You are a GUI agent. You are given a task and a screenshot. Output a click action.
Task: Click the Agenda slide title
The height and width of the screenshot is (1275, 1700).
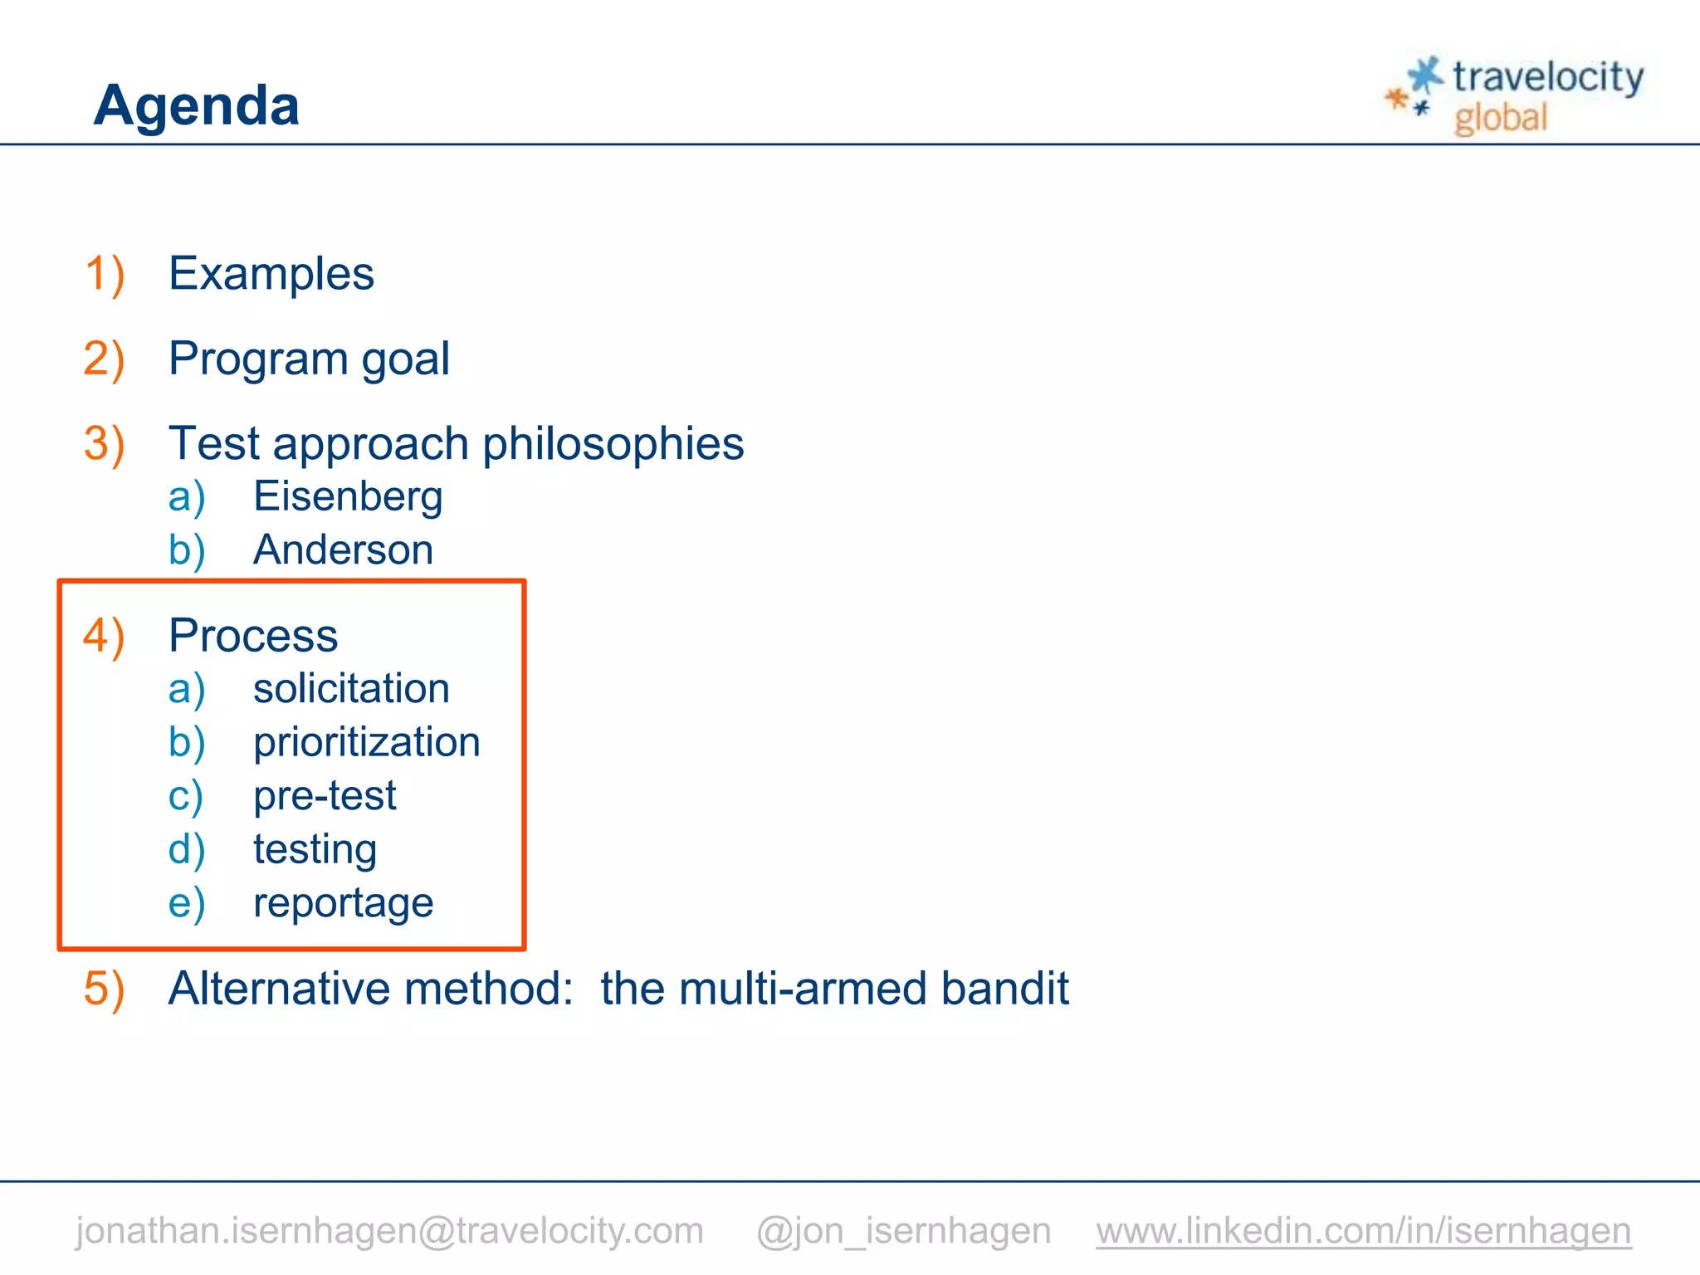coord(196,105)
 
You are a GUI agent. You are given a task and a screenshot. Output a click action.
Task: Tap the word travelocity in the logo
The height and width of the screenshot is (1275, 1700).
coord(1547,77)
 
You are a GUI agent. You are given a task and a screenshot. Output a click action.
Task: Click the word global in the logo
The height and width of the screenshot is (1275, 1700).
coord(1501,118)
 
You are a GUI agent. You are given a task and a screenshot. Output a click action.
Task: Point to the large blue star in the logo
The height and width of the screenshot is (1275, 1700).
coord(1426,75)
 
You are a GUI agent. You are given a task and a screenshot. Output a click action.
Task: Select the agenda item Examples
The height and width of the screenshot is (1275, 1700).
coord(271,274)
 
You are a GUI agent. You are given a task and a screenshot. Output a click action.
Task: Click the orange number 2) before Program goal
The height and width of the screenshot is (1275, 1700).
coord(104,359)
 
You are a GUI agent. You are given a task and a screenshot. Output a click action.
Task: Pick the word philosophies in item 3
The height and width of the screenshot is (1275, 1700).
coord(613,443)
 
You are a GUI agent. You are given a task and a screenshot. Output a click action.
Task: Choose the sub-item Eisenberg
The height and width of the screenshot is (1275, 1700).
coord(347,496)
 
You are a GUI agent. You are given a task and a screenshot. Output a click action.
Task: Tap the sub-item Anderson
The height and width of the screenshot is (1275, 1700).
coord(343,550)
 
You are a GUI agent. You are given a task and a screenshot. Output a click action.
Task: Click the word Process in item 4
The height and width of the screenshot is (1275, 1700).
coord(253,636)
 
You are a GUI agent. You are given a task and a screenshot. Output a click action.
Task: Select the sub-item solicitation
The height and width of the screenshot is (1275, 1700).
coord(351,689)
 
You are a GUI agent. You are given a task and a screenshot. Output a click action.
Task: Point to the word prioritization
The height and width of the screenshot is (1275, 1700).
coord(366,742)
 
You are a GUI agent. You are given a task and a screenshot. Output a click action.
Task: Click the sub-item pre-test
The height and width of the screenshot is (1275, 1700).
coord(325,795)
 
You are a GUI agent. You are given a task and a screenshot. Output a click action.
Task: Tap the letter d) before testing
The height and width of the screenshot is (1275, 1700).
coord(186,849)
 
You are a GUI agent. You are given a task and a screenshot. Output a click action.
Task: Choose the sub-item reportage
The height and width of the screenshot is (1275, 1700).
coord(343,903)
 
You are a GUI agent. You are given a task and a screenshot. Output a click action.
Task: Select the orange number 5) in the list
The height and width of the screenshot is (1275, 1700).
coord(104,989)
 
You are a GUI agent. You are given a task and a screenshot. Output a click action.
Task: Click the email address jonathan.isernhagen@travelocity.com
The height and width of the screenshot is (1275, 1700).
coord(389,1230)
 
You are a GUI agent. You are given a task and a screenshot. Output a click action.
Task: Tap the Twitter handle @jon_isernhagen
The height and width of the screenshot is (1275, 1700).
coord(903,1230)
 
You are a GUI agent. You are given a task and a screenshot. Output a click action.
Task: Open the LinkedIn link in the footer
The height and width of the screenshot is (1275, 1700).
coord(1363,1230)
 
